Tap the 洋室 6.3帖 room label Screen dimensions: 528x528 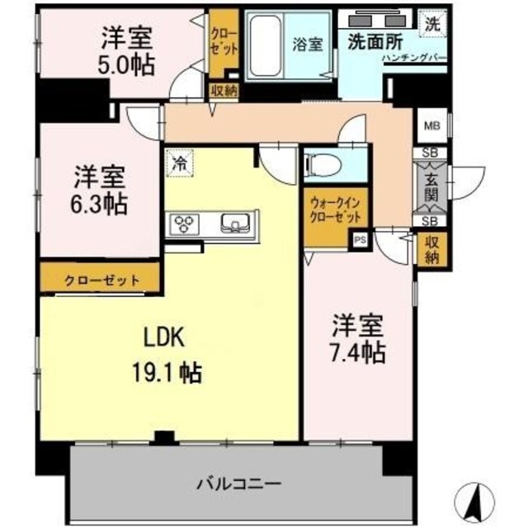pos(100,189)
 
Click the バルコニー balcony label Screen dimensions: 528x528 pos(239,482)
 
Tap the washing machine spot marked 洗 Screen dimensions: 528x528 pos(431,24)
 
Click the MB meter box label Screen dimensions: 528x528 pos(431,126)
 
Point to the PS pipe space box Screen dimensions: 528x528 pos(359,239)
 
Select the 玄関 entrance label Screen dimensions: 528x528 pos(431,187)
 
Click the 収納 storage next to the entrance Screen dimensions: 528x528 pos(431,248)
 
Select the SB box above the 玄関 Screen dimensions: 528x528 pos(431,153)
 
